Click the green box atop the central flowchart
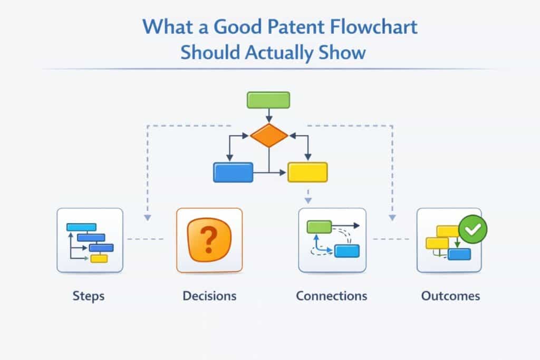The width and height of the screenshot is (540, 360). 268,100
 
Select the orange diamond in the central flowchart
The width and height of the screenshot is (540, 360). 269,136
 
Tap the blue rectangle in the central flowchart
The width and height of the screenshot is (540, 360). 233,172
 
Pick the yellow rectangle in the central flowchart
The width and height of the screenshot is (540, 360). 307,172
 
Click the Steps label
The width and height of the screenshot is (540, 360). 89,296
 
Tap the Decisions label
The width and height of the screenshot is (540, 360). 209,296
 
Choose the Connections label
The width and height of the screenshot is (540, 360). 331,296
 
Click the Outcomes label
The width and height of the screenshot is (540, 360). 450,296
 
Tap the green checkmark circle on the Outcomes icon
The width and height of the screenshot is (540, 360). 473,229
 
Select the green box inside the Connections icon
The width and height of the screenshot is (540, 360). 319,227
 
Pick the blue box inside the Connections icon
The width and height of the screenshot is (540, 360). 347,251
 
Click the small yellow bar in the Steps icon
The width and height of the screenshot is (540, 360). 99,258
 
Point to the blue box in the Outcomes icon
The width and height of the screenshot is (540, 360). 459,254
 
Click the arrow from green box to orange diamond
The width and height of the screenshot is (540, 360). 268,116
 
